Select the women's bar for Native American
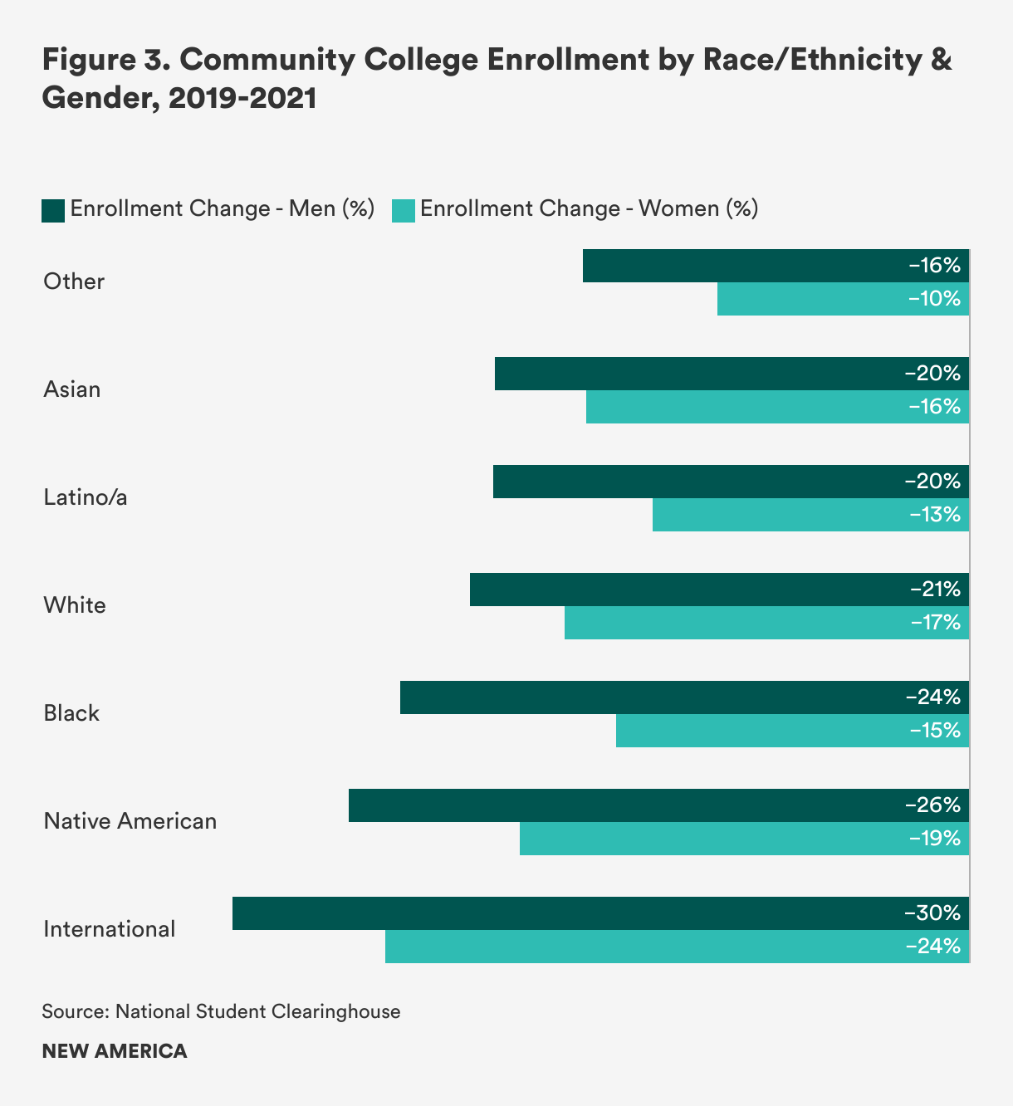(744, 839)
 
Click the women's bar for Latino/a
(810, 515)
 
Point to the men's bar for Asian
(732, 374)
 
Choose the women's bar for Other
(843, 299)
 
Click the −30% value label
(932, 913)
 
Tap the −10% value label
(935, 299)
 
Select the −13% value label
(935, 515)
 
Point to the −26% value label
(932, 805)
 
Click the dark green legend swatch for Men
(53, 210)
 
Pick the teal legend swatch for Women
(404, 210)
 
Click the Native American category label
(130, 821)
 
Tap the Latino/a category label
(86, 497)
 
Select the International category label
(110, 929)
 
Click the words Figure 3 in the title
(100, 61)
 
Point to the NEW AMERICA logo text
(115, 1051)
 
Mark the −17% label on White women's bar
(935, 623)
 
